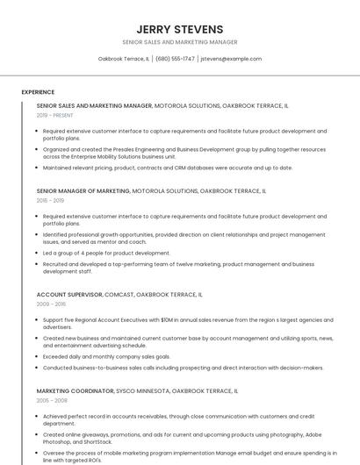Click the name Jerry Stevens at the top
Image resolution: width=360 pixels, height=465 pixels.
tap(180, 29)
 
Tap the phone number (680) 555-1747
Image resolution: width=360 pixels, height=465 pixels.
tap(176, 59)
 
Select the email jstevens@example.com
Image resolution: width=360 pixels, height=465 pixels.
tap(231, 59)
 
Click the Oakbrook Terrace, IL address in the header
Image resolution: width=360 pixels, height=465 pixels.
tap(123, 59)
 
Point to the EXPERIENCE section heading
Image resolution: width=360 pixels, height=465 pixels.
tap(38, 91)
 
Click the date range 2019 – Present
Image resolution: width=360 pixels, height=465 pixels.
tap(54, 115)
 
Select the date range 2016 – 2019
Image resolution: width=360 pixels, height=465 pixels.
tap(50, 200)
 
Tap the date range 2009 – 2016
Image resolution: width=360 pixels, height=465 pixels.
tap(51, 304)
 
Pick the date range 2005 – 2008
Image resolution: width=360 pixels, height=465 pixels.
tap(51, 400)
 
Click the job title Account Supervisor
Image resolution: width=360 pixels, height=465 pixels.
tap(69, 295)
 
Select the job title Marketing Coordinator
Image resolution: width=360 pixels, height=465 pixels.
tap(76, 390)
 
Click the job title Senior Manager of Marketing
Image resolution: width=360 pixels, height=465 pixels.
tap(83, 190)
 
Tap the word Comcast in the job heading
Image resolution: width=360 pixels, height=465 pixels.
tap(119, 295)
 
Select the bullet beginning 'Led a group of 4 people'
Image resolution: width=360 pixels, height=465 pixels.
tap(106, 253)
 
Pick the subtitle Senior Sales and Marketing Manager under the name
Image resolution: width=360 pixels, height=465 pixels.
tap(180, 42)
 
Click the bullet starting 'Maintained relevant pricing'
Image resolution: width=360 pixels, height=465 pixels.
tap(168, 168)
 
